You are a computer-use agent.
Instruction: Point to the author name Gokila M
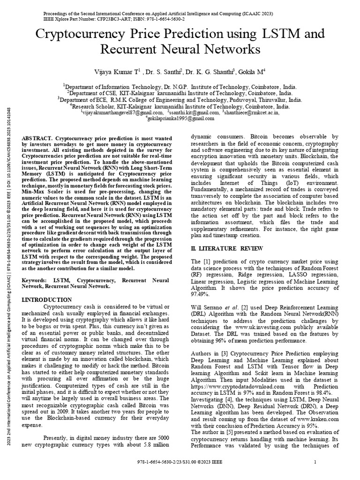(250, 71)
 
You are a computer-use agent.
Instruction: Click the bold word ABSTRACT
(37, 139)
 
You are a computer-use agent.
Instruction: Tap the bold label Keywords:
(37, 279)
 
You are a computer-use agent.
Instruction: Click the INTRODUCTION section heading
(48, 300)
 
